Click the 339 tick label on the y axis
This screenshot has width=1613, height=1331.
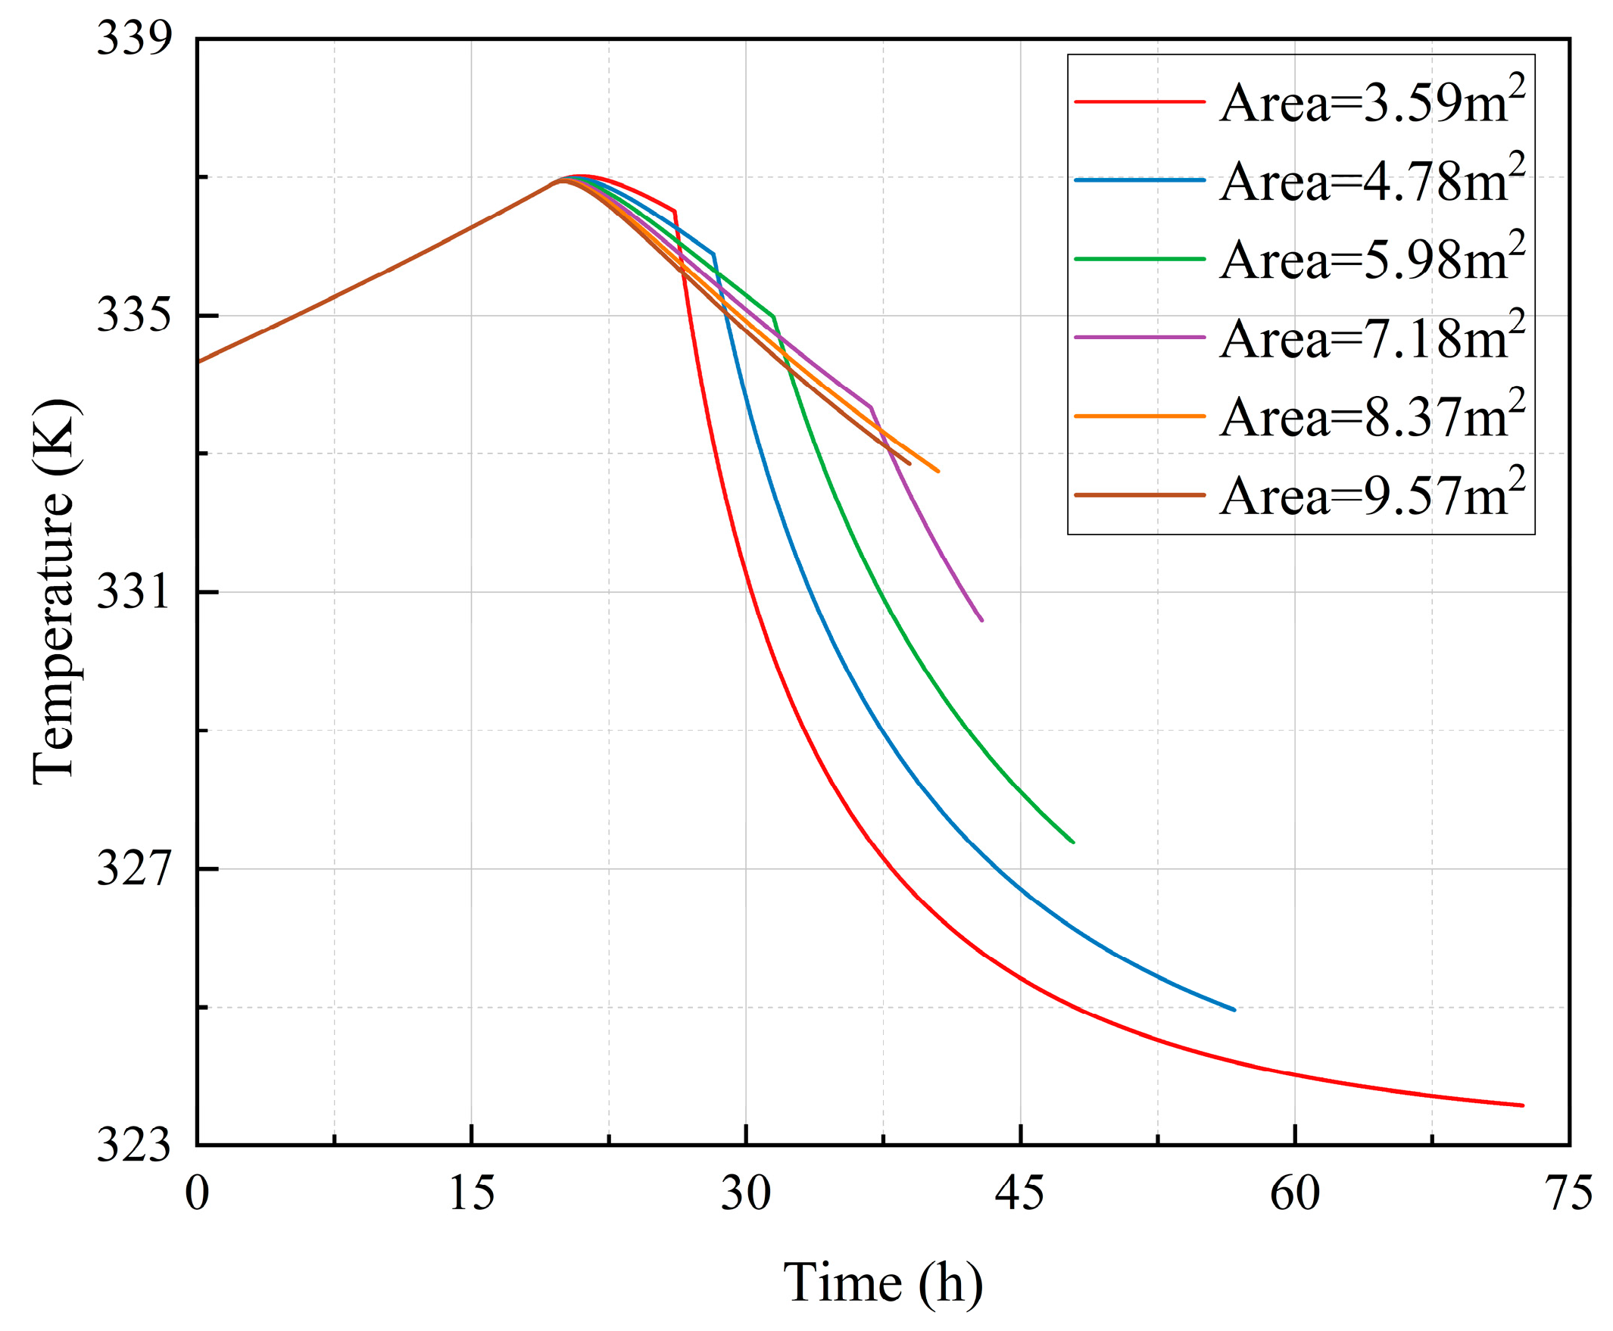tap(132, 39)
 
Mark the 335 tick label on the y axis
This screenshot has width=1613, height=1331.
tap(132, 315)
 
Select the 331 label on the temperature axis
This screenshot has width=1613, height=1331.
tap(132, 593)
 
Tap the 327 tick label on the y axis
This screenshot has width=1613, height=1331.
tap(132, 869)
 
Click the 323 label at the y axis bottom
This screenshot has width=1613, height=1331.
tap(132, 1146)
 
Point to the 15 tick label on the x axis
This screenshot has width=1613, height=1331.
tap(471, 1194)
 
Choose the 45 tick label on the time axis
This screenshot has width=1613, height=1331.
tap(1019, 1194)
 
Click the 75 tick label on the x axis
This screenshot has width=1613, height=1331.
tap(1569, 1194)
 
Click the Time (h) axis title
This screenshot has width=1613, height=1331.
tap(882, 1282)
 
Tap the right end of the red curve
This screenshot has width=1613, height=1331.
tap(1522, 1105)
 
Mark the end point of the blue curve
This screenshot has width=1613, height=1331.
tap(1234, 1010)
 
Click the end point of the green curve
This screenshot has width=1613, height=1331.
tap(1072, 842)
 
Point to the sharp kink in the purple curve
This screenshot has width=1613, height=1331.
tap(871, 407)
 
